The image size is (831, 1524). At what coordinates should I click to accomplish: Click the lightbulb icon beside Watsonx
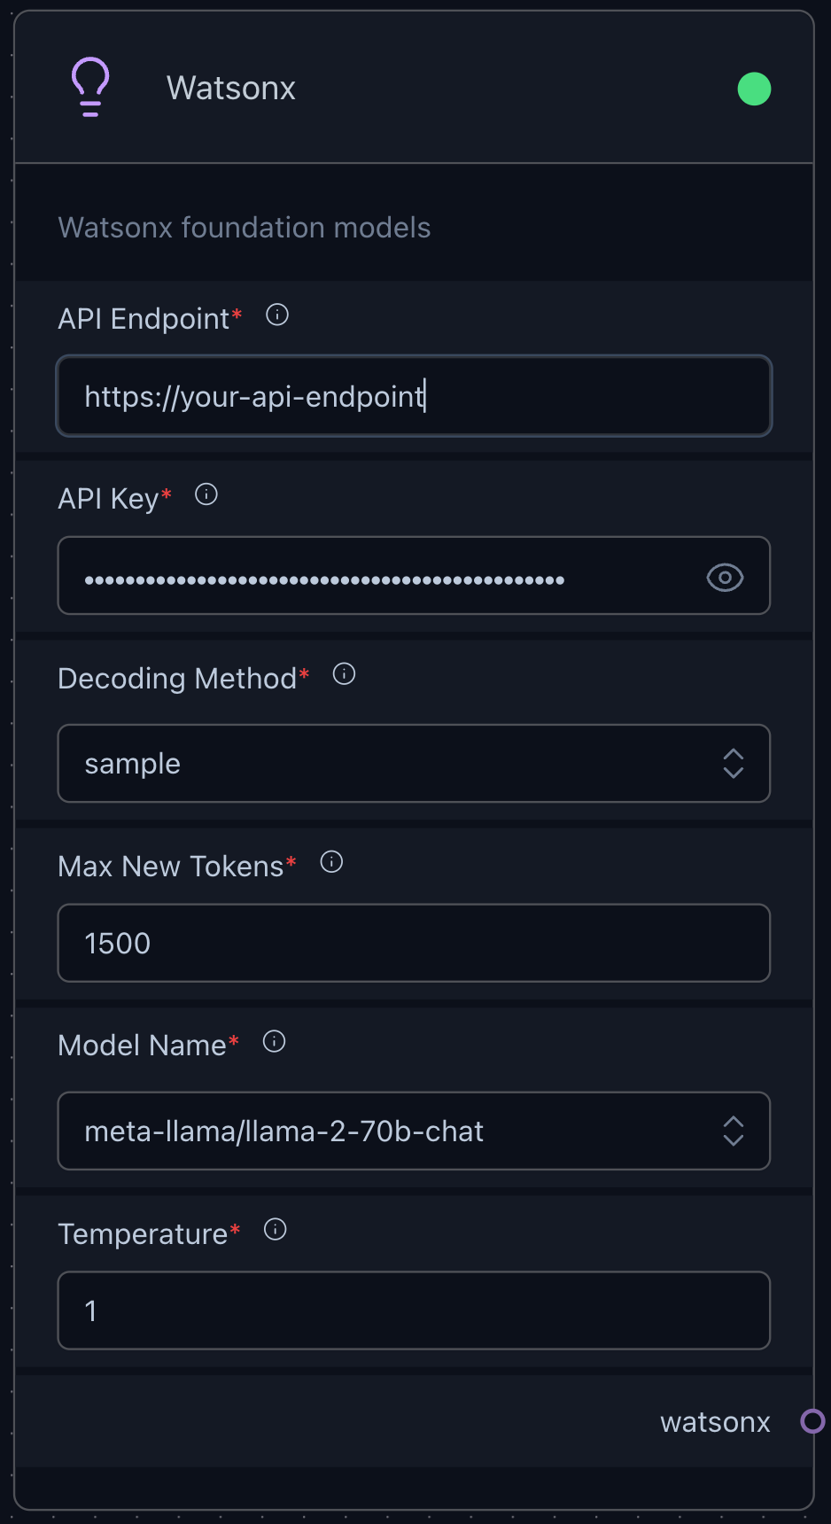pyautogui.click(x=90, y=87)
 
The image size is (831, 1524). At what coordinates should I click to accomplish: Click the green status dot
pyautogui.click(x=754, y=89)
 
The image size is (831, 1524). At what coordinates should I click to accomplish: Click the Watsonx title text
pyautogui.click(x=231, y=89)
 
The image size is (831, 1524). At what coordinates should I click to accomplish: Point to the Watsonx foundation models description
pyautogui.click(x=245, y=228)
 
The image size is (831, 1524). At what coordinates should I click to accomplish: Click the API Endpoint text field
pyautogui.click(x=414, y=396)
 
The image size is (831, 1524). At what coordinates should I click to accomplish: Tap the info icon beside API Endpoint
pyautogui.click(x=277, y=315)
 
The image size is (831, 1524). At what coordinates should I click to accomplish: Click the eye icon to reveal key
pyautogui.click(x=725, y=578)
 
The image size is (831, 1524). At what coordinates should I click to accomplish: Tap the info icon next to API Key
pyautogui.click(x=206, y=494)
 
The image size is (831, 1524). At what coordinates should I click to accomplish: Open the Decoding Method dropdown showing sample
pyautogui.click(x=414, y=764)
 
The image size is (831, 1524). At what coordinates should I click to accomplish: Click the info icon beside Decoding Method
pyautogui.click(x=344, y=674)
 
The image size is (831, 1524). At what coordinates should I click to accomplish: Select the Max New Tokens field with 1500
pyautogui.click(x=414, y=943)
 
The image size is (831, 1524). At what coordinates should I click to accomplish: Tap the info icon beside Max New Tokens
pyautogui.click(x=331, y=862)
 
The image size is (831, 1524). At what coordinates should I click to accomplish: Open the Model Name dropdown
pyautogui.click(x=414, y=1131)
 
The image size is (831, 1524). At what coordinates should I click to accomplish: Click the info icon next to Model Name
pyautogui.click(x=275, y=1041)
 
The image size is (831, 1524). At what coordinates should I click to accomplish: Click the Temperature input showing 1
pyautogui.click(x=414, y=1310)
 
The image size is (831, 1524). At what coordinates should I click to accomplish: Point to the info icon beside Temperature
pyautogui.click(x=276, y=1230)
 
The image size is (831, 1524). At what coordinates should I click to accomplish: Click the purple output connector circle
pyautogui.click(x=812, y=1421)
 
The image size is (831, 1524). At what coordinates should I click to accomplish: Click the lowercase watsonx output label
pyautogui.click(x=715, y=1422)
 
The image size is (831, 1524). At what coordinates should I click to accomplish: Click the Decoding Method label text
pyautogui.click(x=177, y=679)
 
